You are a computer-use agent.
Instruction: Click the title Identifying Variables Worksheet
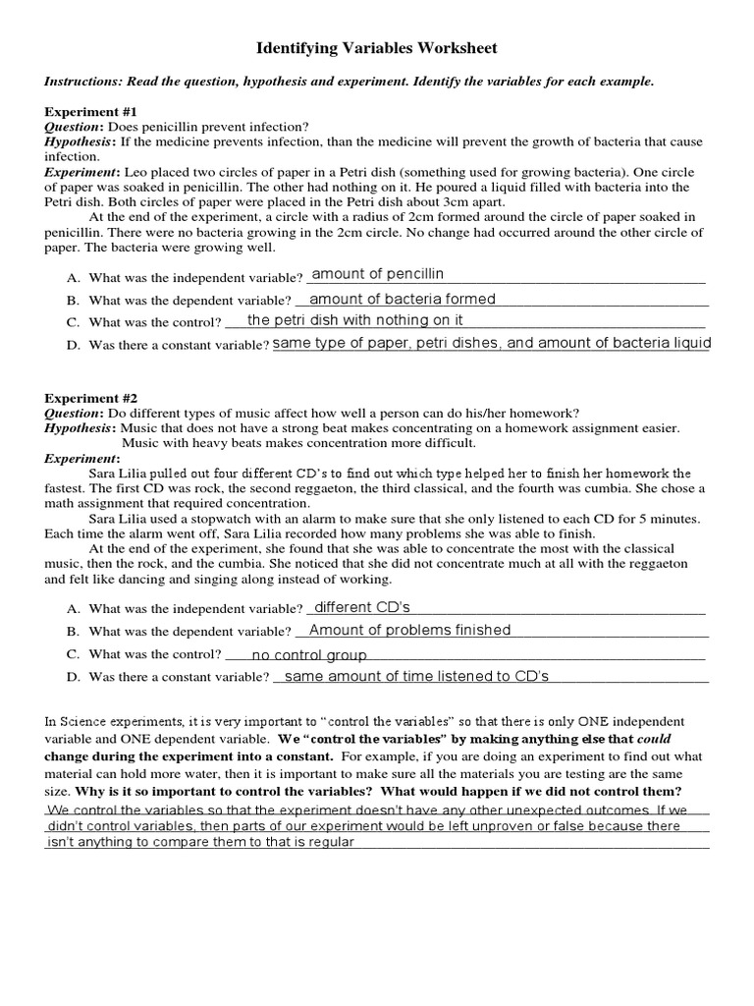click(377, 47)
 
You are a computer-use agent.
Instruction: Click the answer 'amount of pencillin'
click(378, 274)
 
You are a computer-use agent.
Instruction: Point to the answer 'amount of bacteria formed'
click(403, 299)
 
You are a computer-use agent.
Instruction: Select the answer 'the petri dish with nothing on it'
click(355, 320)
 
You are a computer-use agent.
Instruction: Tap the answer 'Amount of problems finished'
click(409, 630)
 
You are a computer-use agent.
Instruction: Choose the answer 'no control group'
click(309, 655)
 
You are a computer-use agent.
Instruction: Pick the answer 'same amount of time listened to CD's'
click(416, 676)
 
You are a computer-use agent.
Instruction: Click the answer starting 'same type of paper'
click(491, 343)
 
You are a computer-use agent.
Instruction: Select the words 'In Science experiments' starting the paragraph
click(111, 722)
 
